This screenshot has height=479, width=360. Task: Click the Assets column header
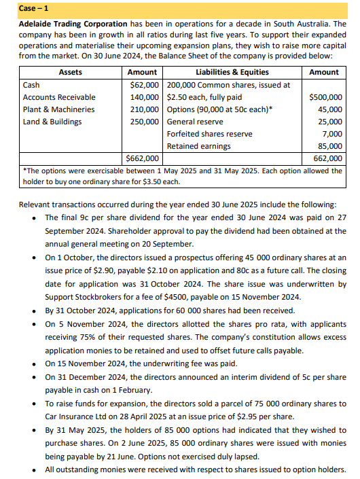[71, 72]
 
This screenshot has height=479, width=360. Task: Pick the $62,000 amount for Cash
[144, 85]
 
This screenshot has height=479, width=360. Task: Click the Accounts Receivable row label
[59, 97]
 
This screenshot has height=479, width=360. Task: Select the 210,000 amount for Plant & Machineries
[145, 109]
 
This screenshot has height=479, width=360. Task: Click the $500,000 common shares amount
[325, 97]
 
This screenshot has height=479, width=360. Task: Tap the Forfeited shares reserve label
[209, 134]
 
